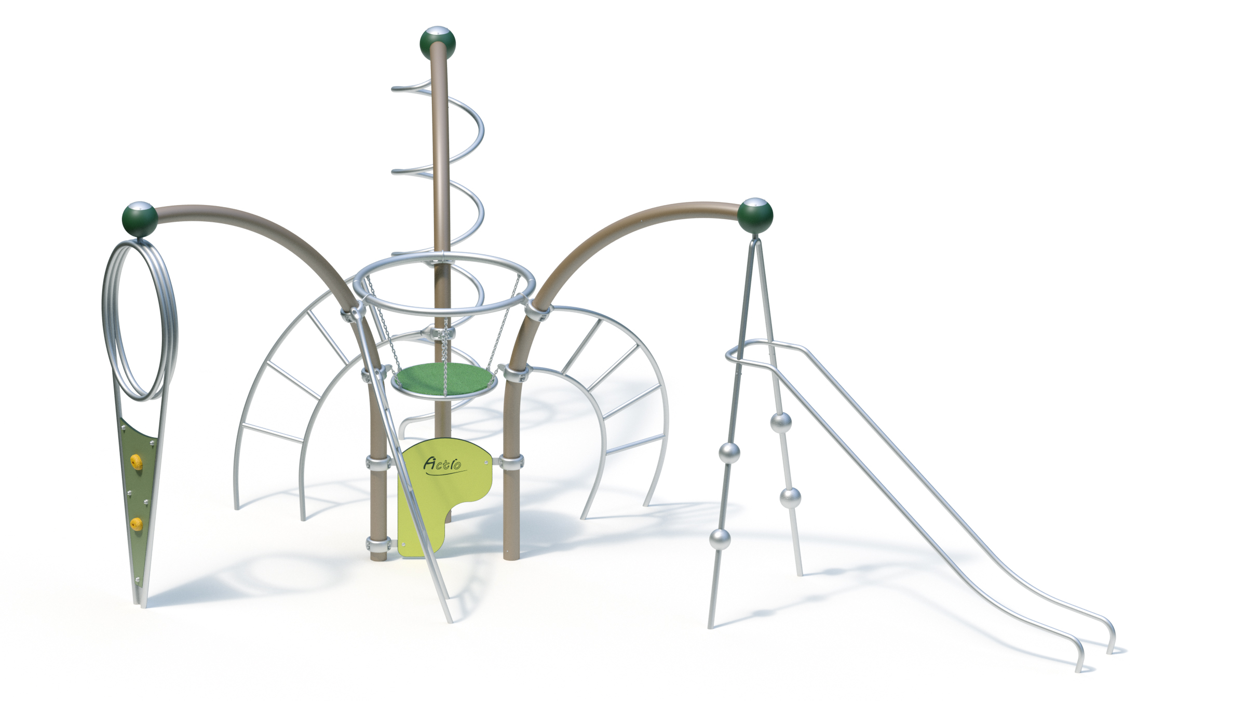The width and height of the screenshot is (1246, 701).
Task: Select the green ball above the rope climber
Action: [x=755, y=215]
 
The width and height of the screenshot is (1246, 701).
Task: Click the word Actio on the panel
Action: [x=442, y=463]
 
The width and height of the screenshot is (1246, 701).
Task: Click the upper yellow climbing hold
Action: [x=137, y=461]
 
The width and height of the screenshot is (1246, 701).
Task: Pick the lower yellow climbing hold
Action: [x=137, y=524]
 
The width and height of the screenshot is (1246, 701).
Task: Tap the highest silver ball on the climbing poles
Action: [x=780, y=423]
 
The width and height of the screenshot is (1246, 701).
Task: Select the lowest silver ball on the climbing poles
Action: [x=720, y=539]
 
